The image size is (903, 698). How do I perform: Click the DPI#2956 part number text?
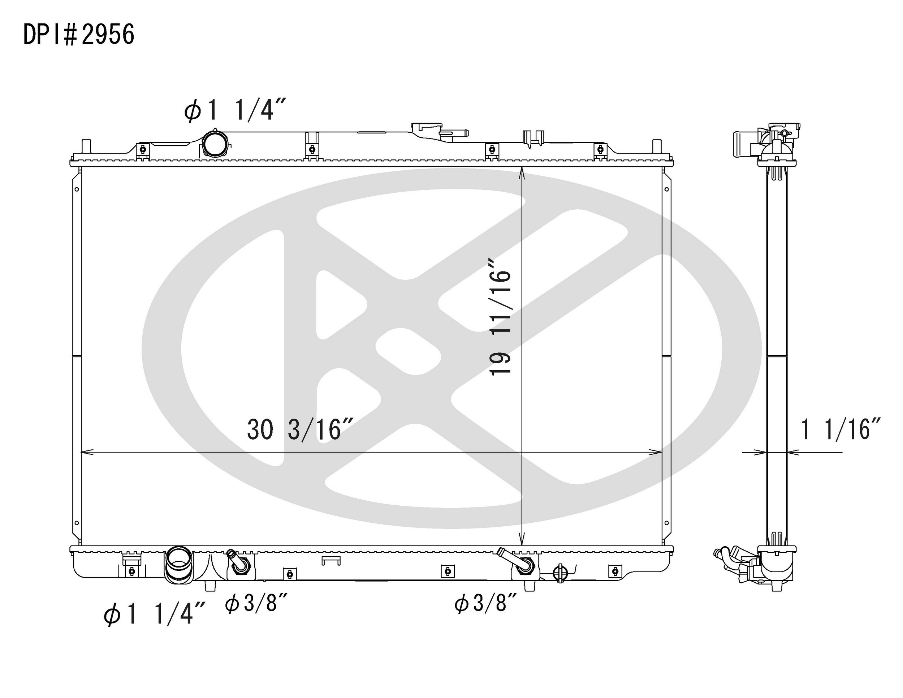tap(78, 34)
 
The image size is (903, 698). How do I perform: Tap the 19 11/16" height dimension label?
tap(500, 317)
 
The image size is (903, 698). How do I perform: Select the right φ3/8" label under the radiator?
tap(486, 603)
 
